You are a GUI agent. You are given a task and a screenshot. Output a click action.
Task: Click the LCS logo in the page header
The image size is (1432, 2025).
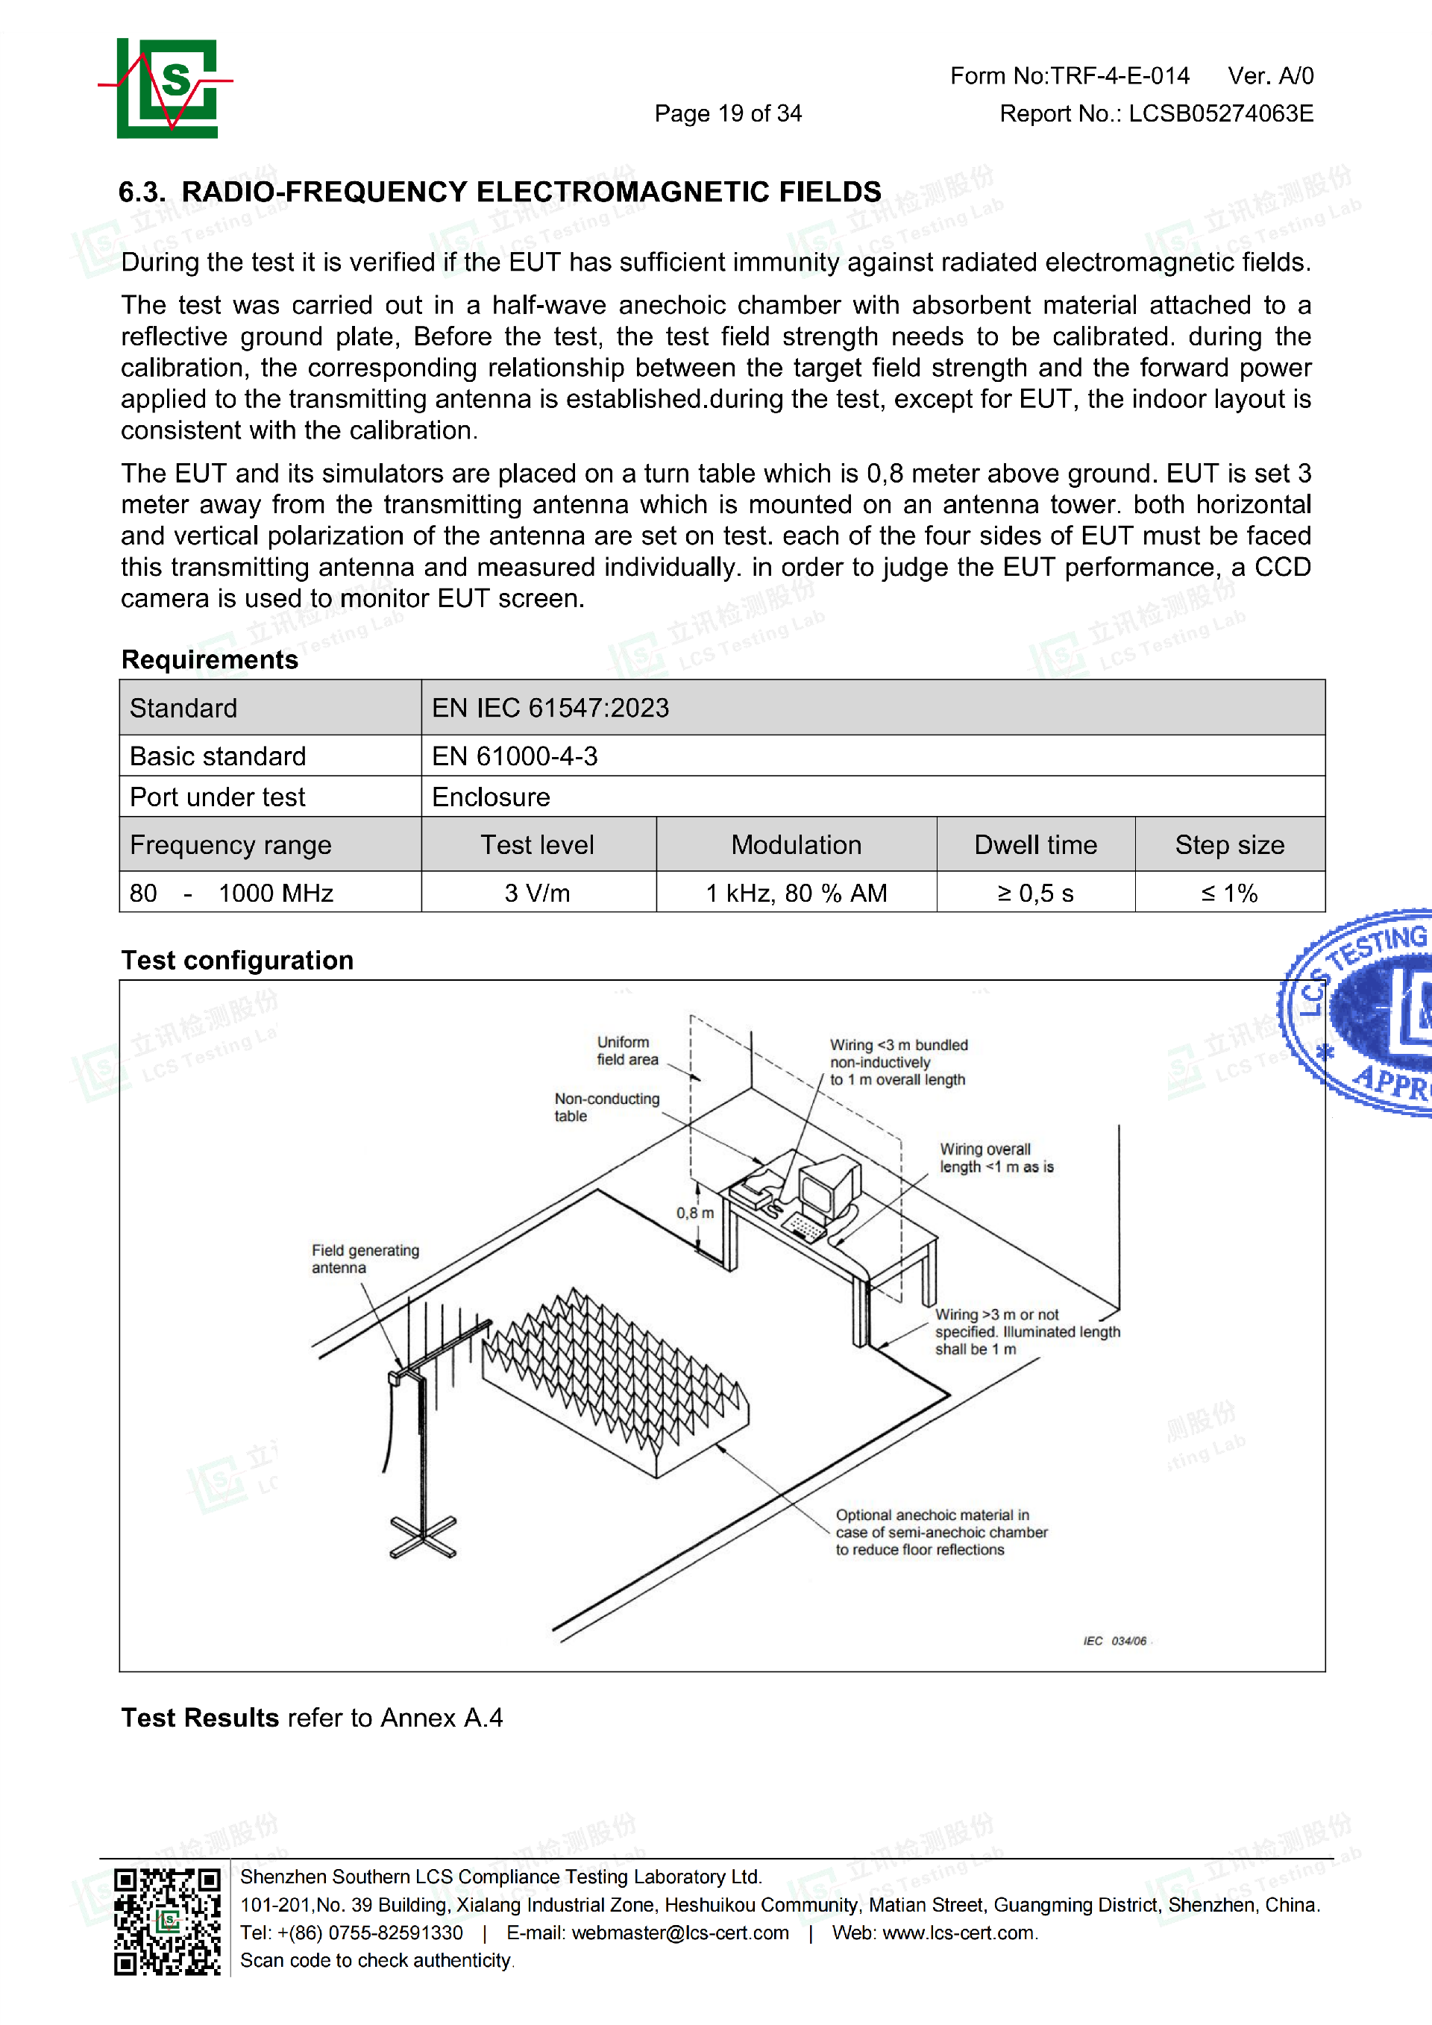click(x=166, y=88)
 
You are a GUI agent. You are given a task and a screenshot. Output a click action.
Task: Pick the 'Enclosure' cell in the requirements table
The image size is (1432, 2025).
click(x=492, y=797)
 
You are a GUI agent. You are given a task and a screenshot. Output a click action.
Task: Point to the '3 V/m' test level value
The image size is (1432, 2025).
click(x=537, y=894)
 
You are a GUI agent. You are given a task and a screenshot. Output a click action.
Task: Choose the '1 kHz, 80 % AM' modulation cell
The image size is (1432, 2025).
click(x=797, y=894)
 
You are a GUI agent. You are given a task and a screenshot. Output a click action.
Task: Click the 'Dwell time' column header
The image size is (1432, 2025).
click(x=1035, y=845)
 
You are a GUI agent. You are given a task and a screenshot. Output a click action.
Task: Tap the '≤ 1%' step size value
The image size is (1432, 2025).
click(x=1229, y=894)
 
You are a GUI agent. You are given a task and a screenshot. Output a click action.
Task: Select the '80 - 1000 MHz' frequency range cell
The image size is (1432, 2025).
click(x=232, y=894)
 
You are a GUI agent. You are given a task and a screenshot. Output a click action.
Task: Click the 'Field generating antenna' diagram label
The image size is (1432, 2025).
click(x=364, y=1258)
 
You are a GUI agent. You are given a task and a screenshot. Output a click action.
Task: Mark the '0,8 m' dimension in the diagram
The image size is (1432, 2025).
click(x=695, y=1213)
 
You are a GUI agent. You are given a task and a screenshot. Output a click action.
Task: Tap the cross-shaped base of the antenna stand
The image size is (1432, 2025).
click(x=423, y=1537)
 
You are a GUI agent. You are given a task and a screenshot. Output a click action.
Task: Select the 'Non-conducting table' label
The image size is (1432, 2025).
click(x=606, y=1107)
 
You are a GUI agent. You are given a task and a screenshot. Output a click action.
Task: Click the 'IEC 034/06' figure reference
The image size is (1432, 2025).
click(x=1114, y=1640)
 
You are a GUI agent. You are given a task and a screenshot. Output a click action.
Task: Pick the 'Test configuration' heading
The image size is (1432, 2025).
click(x=237, y=961)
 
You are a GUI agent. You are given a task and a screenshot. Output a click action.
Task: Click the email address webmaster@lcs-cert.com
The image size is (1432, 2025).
click(x=680, y=1933)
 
